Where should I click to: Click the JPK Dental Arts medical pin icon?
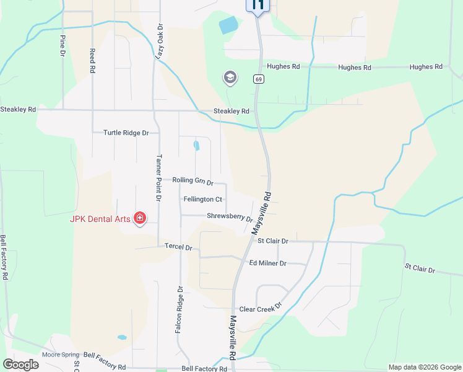140,218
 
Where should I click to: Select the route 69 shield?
258,79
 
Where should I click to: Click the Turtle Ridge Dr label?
126,133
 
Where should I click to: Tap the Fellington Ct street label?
203,199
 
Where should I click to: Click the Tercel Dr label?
179,247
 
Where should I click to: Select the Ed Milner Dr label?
267,263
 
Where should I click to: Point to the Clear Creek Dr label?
261,308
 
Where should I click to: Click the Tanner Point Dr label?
158,178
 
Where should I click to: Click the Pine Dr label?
63,46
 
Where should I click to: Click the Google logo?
20,365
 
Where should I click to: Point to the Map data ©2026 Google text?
424,367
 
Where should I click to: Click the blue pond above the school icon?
228,25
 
